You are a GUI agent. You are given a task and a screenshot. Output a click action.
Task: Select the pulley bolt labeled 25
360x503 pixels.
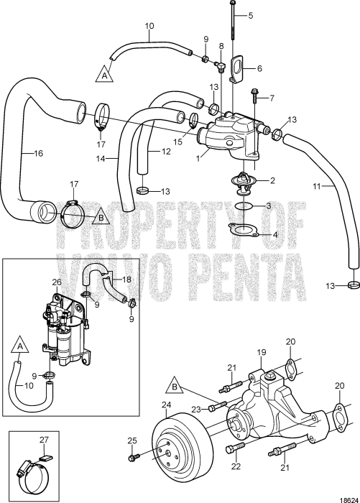[134, 457]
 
